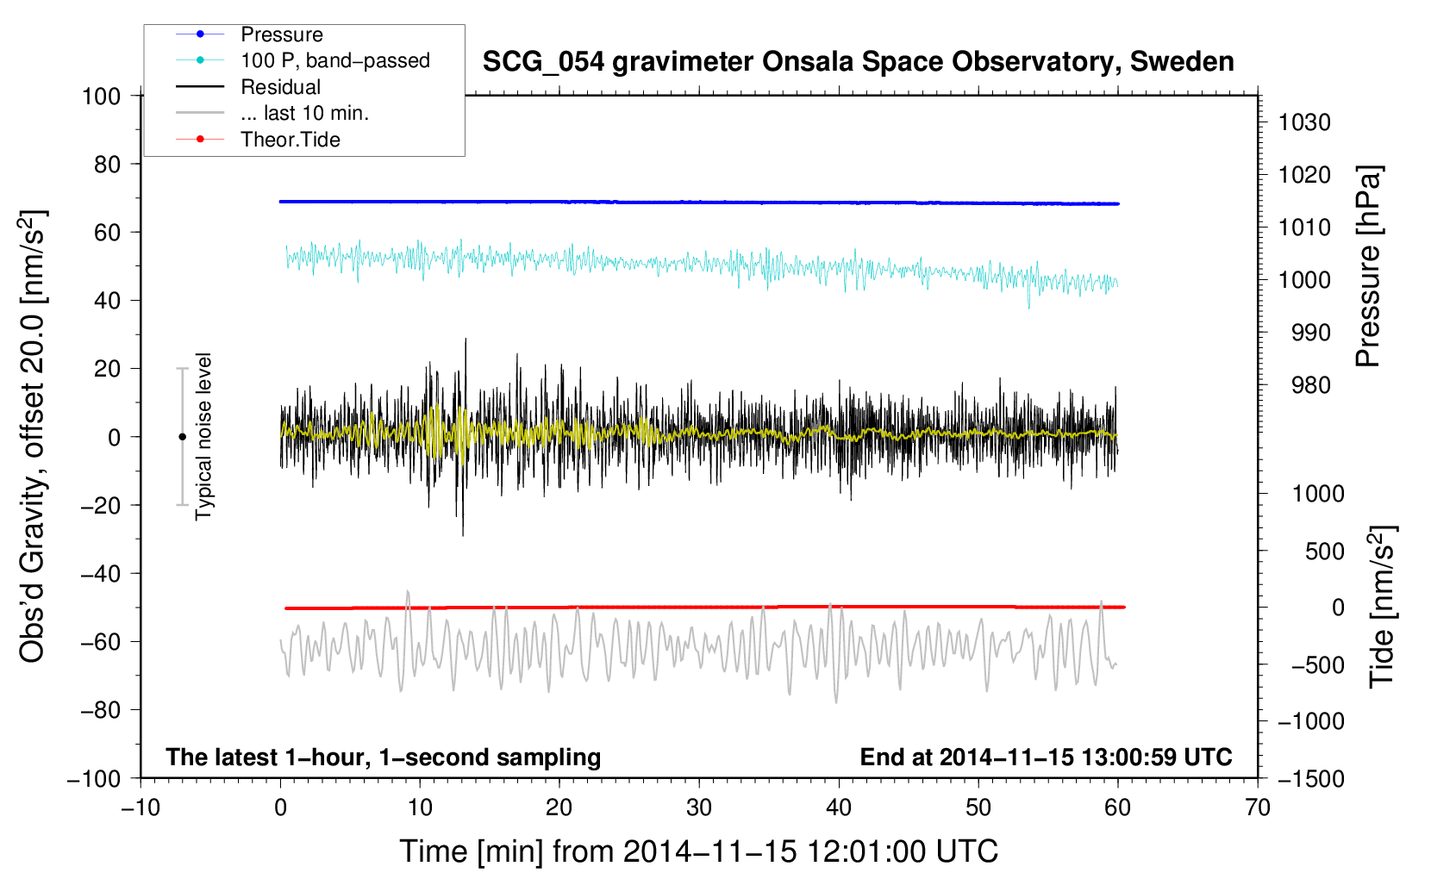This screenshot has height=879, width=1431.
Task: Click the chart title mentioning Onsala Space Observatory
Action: [858, 62]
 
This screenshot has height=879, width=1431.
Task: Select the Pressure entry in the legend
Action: [281, 34]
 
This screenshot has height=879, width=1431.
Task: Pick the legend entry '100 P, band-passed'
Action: [334, 61]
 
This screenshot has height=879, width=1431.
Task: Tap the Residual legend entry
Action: [280, 87]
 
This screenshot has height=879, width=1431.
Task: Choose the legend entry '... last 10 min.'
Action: [304, 113]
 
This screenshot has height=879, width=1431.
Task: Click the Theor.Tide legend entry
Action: [290, 140]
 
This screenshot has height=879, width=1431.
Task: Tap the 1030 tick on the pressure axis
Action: [1304, 122]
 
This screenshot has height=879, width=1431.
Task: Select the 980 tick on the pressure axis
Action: [1310, 385]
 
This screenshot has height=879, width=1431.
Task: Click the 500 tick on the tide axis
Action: [1324, 551]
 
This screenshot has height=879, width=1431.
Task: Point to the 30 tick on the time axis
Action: [699, 807]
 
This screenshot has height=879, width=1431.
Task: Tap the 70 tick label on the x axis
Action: [1258, 807]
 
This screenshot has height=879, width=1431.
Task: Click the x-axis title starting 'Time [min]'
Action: [699, 851]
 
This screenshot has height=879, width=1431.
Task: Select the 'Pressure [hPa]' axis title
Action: [1368, 267]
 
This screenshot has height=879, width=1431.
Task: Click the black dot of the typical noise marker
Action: [182, 437]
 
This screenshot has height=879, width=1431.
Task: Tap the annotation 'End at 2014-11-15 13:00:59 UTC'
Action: [1046, 757]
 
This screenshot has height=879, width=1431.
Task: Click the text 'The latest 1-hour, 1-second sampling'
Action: [384, 757]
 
